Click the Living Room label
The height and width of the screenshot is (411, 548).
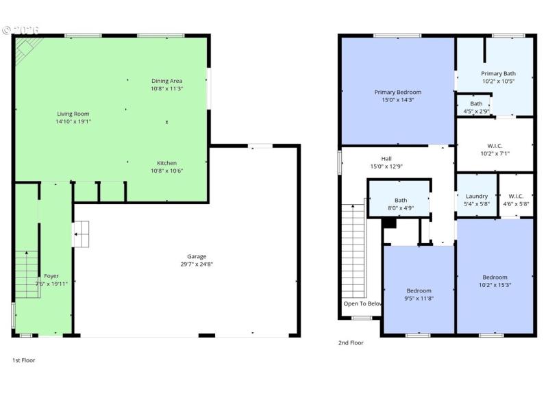pos(73,114)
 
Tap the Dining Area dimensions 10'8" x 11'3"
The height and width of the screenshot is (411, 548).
pos(166,88)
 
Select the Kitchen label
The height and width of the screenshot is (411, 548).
pos(166,163)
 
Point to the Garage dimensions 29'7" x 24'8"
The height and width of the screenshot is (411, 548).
pos(197,264)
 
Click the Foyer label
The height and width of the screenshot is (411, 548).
pos(42,276)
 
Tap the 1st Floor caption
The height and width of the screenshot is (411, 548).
pos(23,360)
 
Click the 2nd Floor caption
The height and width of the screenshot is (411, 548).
pos(350,342)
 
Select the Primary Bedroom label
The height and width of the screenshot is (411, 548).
pos(397,92)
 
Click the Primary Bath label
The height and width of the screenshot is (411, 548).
pos(498,73)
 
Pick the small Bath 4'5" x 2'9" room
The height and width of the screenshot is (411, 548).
pos(476,107)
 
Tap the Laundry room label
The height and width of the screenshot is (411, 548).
pos(476,196)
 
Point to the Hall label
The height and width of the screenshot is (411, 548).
pos(386,158)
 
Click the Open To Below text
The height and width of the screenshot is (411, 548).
pos(362,303)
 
